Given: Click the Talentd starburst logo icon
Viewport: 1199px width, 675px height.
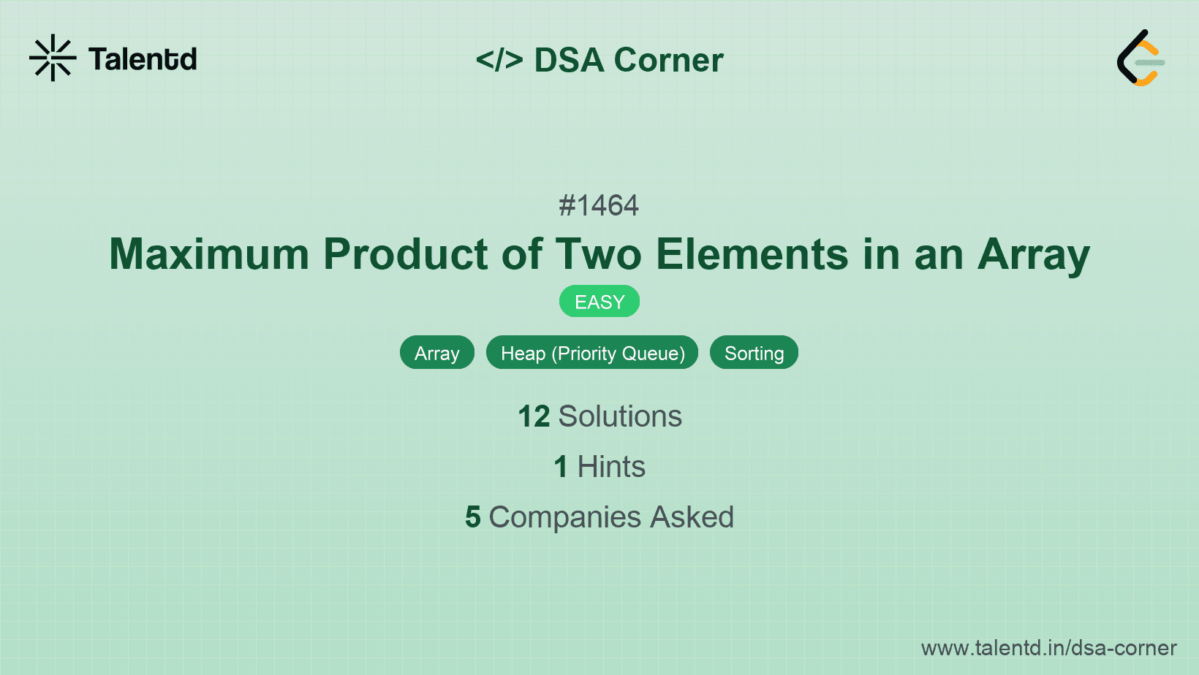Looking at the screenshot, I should click(53, 58).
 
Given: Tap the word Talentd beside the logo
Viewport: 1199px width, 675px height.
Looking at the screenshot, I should click(143, 59).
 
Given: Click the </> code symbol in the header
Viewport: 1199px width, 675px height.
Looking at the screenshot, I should click(499, 60).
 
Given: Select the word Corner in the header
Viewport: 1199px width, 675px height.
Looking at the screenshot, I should click(668, 60).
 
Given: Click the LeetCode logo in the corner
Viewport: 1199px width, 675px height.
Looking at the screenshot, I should click(1141, 58).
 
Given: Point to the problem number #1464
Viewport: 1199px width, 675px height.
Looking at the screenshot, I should click(599, 205).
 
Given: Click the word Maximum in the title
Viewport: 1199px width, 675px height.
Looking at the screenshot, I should click(209, 254).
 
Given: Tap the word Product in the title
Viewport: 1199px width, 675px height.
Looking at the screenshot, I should click(406, 254).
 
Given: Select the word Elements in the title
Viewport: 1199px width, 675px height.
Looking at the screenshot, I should click(752, 254).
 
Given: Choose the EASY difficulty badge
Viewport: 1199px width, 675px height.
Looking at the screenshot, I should click(599, 302).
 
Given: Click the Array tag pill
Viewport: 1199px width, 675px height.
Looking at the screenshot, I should click(437, 353).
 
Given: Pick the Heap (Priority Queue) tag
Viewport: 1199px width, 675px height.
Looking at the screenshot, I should click(592, 353).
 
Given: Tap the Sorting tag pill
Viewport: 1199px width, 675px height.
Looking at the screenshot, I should click(754, 353).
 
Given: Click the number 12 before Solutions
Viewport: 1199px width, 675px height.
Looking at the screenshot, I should click(534, 416).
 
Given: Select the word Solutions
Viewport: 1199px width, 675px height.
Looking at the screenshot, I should click(620, 416).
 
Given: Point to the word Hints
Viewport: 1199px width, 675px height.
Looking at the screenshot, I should click(611, 467).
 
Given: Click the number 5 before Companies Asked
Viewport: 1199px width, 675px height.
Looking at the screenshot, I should click(473, 517).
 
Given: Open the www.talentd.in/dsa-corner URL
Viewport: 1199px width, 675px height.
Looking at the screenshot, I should click(1048, 648).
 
